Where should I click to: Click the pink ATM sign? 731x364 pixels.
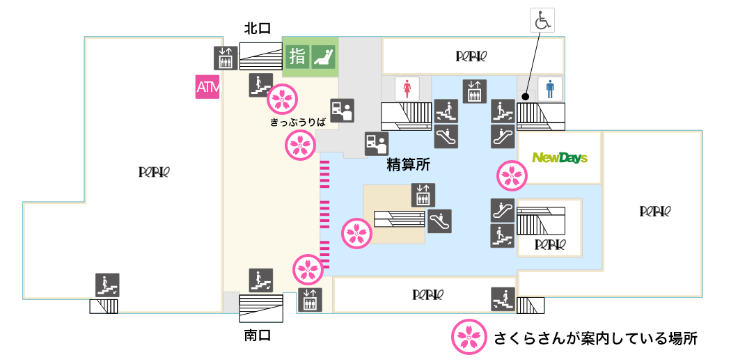pos(207,87)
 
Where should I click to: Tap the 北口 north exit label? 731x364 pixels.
pos(257,29)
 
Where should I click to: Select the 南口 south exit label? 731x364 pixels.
pos(257,335)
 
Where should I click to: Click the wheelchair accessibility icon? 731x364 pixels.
pos(542,20)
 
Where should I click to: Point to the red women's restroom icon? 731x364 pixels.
pos(407,88)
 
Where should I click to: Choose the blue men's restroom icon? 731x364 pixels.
pos(551,88)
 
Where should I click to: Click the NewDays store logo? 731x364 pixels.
pos(560,158)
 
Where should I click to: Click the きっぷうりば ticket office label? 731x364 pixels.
pos(299,122)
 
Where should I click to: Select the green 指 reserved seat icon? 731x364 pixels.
pos(297,56)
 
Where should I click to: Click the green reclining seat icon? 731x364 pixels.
pos(323,56)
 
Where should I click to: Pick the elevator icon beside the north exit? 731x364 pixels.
pos(225,57)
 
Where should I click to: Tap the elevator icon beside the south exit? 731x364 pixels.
pos(310,299)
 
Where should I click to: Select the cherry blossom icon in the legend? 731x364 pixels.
pos(468,338)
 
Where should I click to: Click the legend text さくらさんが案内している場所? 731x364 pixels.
pos(595,339)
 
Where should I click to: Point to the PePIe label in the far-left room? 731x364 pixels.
pos(155,172)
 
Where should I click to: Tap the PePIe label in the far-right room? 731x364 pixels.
pos(655,210)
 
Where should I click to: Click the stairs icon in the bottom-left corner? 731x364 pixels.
pos(107,285)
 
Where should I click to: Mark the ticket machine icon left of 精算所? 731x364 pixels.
pos(376,143)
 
